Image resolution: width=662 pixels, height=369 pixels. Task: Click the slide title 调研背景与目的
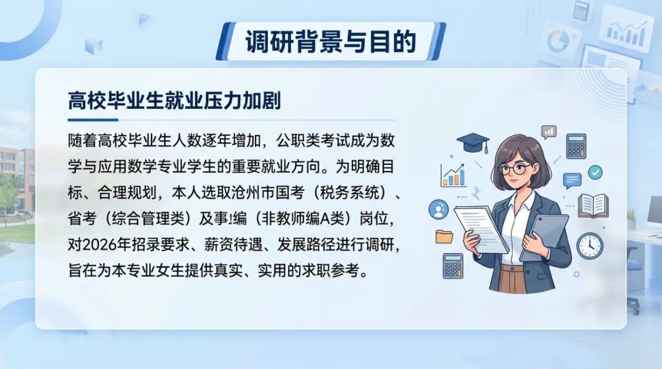point(330,42)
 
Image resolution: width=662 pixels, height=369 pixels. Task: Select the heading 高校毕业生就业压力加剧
point(174,101)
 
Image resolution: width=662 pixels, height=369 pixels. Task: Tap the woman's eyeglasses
point(516,169)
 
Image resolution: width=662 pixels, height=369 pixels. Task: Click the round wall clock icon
point(590,246)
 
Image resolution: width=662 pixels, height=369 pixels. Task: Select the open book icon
point(593,205)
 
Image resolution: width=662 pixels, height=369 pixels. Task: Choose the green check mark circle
point(595,172)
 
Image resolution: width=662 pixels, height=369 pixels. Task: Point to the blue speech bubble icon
point(572,181)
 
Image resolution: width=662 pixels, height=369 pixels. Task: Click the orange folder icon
point(444,237)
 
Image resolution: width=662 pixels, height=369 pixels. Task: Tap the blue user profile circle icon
point(439,210)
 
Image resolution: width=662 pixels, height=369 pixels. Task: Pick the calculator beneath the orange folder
point(453,266)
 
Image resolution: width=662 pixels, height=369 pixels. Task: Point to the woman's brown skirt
point(512,279)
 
